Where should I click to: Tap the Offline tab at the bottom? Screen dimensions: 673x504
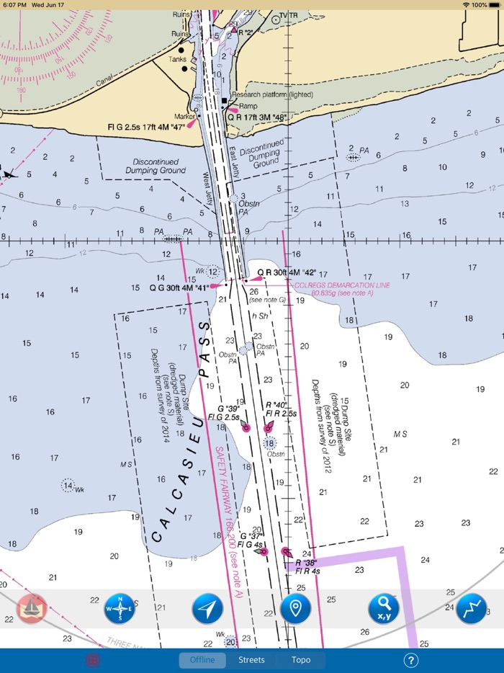tap(202, 660)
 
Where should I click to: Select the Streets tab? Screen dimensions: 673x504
tap(251, 660)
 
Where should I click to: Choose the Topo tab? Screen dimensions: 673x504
tap(301, 660)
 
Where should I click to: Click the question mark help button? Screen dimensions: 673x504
tap(411, 660)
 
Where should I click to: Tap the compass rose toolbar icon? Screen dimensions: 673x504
tap(120, 609)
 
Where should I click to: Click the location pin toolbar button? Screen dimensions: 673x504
tap(295, 609)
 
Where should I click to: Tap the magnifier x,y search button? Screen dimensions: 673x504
tap(384, 609)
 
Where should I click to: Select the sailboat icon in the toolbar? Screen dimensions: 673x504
tap(32, 609)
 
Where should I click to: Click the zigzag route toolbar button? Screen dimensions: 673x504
tap(471, 609)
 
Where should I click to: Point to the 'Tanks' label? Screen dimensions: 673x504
tap(178, 59)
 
